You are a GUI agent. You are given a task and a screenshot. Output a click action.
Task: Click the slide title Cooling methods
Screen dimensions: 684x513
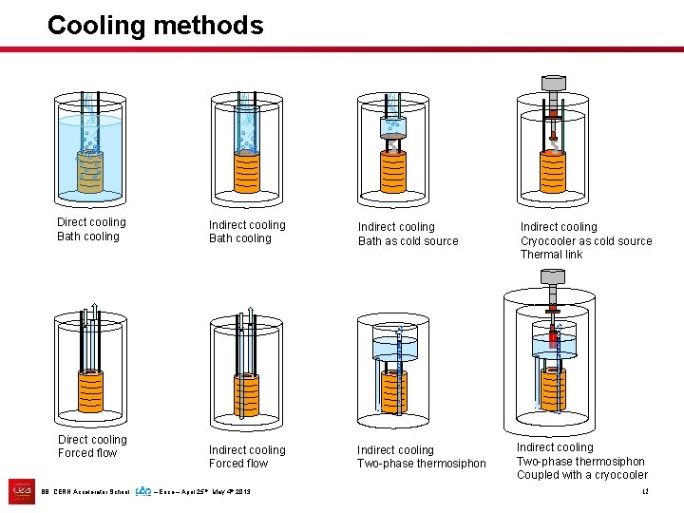[x=155, y=26]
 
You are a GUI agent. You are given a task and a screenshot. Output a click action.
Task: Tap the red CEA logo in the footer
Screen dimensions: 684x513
[x=21, y=491]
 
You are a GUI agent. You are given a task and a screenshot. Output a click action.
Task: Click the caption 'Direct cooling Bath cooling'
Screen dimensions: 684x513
[x=90, y=229]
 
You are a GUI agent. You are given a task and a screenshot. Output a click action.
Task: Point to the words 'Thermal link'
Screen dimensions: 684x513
[x=551, y=255]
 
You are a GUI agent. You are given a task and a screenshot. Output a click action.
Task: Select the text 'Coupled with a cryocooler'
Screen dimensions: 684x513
[x=581, y=475]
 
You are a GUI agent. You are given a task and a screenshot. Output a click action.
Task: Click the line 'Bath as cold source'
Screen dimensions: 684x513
[x=408, y=241]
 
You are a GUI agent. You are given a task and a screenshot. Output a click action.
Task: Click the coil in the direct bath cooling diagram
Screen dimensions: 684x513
[x=90, y=171]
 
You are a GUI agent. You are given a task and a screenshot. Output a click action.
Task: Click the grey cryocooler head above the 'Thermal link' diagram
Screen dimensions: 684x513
[x=551, y=83]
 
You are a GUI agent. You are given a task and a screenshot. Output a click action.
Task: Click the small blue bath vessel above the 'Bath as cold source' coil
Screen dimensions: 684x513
[x=392, y=126]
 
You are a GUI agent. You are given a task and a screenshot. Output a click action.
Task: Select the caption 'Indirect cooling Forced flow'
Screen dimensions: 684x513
[x=246, y=457]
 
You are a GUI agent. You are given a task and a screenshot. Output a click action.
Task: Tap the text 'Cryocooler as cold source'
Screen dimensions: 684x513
[x=586, y=241]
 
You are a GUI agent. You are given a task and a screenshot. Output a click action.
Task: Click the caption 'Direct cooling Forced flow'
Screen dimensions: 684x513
[x=91, y=446]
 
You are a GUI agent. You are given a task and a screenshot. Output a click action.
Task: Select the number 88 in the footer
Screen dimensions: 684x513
[x=46, y=492]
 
